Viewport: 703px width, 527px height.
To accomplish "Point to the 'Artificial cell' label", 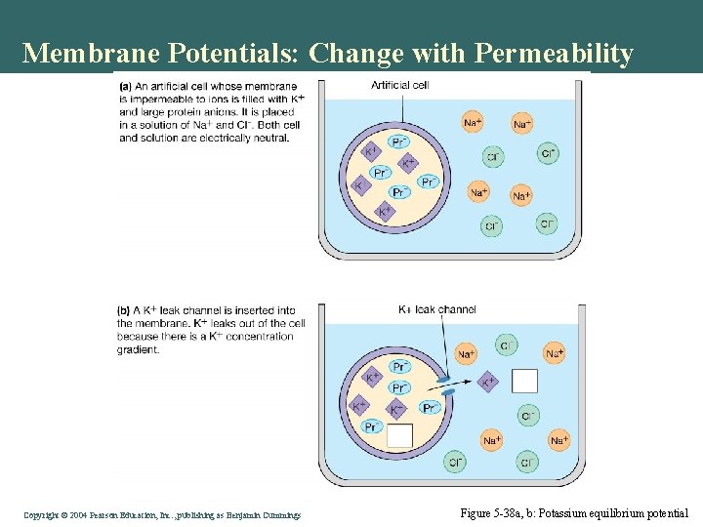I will click(x=399, y=85).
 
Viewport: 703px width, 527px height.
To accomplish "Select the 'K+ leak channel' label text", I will click(x=436, y=309).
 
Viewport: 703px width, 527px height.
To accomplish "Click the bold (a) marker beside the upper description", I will click(x=125, y=86).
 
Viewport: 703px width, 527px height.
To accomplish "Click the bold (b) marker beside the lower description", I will click(x=124, y=310).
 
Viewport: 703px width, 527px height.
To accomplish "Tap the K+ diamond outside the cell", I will click(x=487, y=381).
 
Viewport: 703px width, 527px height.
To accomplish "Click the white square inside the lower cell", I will click(x=399, y=435).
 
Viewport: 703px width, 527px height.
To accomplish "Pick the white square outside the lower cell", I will click(x=524, y=381).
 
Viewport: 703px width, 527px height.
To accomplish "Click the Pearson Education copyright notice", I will click(x=161, y=513).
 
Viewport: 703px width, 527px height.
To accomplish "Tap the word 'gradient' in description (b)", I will click(x=138, y=349).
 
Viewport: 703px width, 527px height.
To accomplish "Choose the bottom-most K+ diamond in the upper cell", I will click(x=385, y=210).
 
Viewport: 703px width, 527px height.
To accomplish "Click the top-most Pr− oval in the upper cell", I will click(x=398, y=142).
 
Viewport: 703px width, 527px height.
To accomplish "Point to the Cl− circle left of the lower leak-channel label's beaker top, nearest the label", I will click(x=506, y=345).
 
